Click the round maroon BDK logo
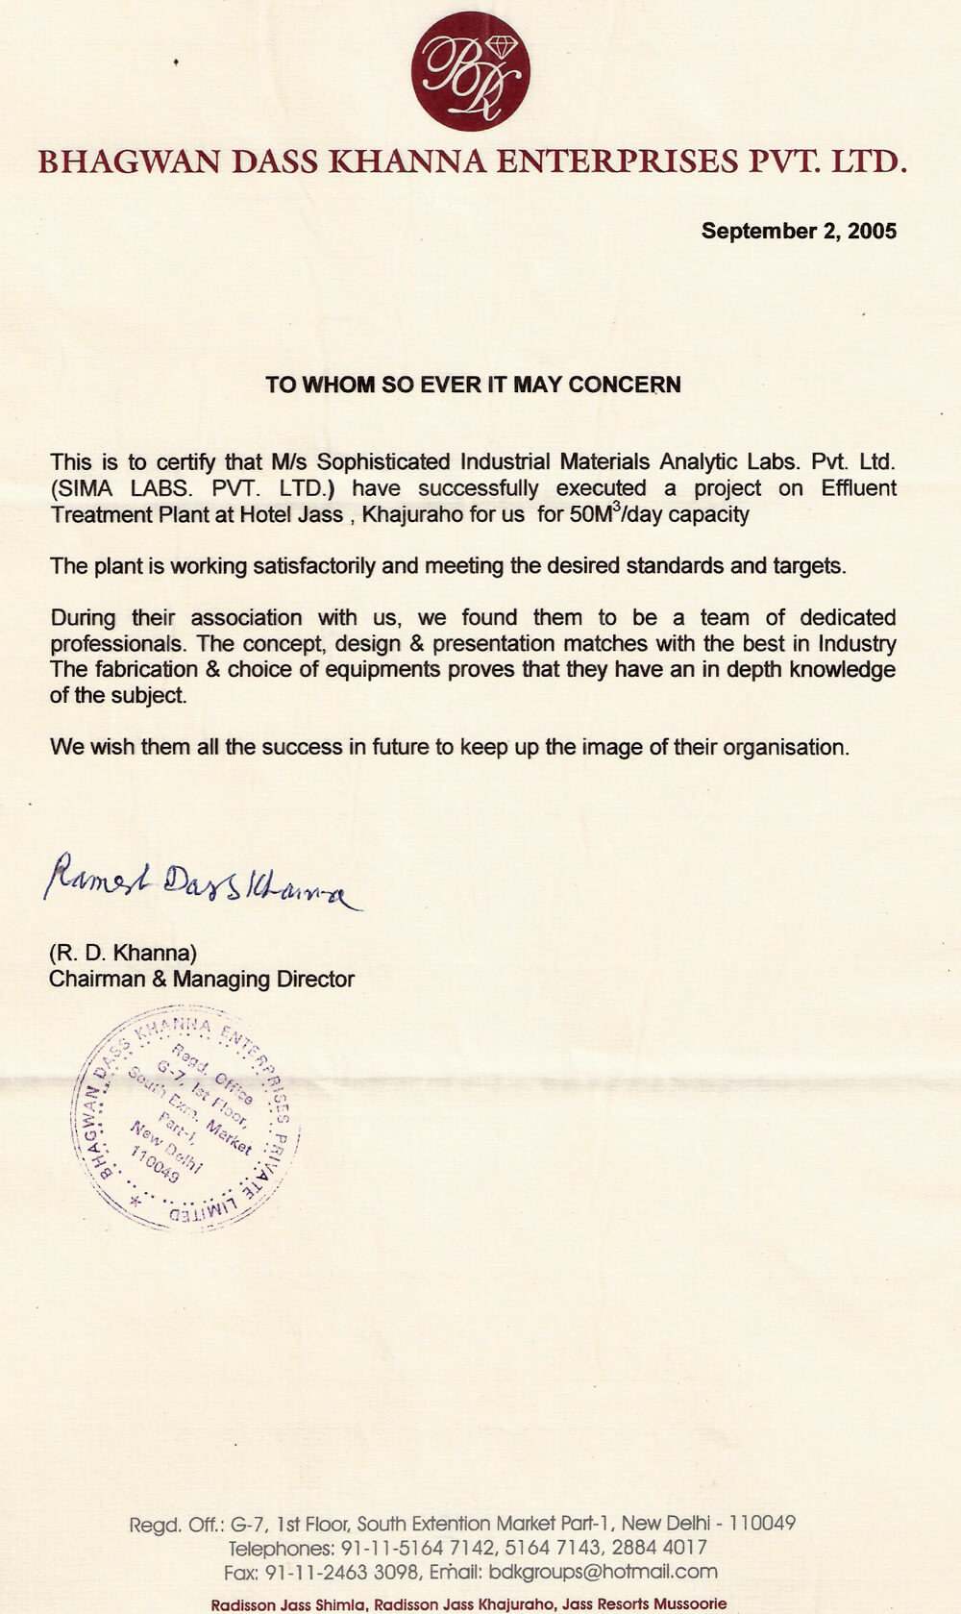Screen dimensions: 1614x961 [x=471, y=71]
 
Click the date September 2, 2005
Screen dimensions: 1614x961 [x=799, y=231]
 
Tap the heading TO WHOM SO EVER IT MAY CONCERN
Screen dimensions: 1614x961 [x=473, y=385]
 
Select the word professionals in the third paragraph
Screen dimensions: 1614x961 [x=116, y=643]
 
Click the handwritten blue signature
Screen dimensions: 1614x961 [x=202, y=880]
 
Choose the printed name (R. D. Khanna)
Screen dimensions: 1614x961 [x=123, y=953]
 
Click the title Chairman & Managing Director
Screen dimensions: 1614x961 [x=202, y=979]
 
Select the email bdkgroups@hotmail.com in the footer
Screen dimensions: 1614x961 [x=603, y=1572]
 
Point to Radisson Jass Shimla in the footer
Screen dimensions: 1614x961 [x=289, y=1604]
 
